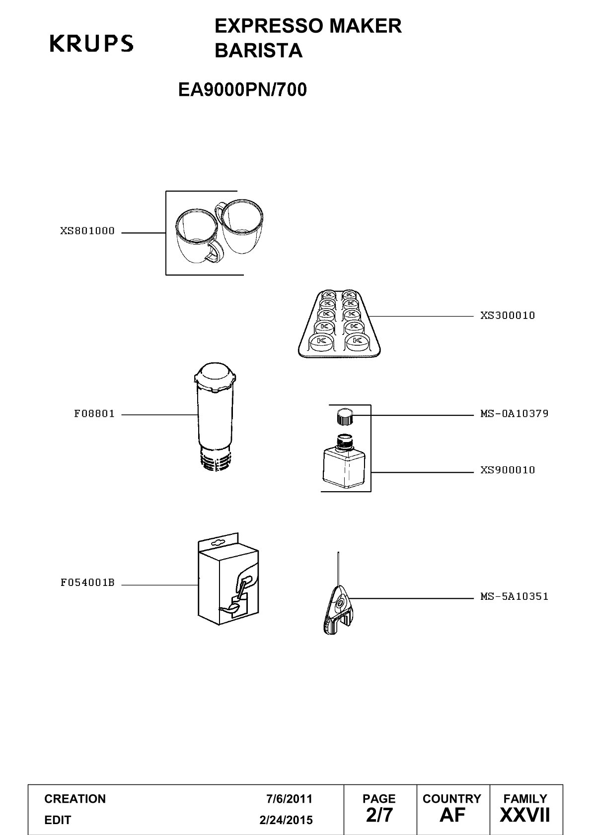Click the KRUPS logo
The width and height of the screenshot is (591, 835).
click(x=91, y=43)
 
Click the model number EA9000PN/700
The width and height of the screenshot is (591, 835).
click(x=242, y=89)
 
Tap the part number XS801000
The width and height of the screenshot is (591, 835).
click(x=87, y=231)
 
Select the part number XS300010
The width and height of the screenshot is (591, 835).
click(x=508, y=316)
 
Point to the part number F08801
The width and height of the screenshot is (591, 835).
click(x=94, y=414)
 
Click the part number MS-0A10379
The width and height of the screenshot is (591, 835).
click(x=514, y=413)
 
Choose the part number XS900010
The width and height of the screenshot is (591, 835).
click(x=508, y=470)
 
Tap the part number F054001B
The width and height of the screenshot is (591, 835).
click(x=87, y=582)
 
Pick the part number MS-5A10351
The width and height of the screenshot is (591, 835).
click(x=514, y=596)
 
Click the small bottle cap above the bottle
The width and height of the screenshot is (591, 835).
click(x=344, y=416)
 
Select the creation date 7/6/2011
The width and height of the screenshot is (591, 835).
click(x=289, y=799)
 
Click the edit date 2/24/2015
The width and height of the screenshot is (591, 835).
click(x=286, y=820)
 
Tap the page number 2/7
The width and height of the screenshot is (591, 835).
click(x=379, y=815)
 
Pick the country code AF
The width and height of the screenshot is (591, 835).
click(x=452, y=815)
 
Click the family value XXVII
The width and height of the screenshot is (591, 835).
click(x=525, y=815)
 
